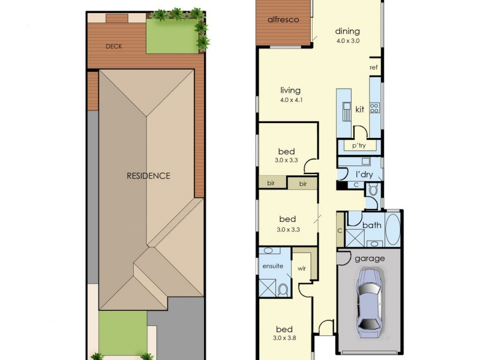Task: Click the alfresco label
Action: pyautogui.click(x=283, y=20)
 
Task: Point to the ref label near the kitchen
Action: pyautogui.click(x=373, y=67)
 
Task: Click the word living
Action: pyautogui.click(x=290, y=91)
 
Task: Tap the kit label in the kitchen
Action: pyautogui.click(x=360, y=110)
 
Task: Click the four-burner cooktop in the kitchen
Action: pyautogui.click(x=375, y=109)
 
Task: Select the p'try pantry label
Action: pyautogui.click(x=359, y=146)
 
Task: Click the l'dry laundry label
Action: pyautogui.click(x=364, y=174)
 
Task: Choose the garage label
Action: pyautogui.click(x=370, y=259)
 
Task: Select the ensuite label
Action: pyautogui.click(x=272, y=265)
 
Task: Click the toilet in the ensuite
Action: pyautogui.click(x=283, y=290)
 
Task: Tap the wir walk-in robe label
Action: pyautogui.click(x=301, y=268)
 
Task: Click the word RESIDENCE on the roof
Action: pyautogui.click(x=148, y=176)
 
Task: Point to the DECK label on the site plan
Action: pyautogui.click(x=114, y=46)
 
